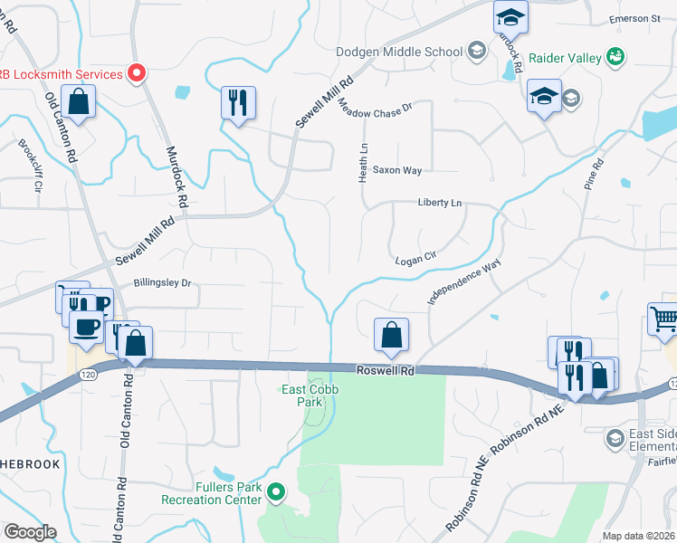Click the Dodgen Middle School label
(x=399, y=52)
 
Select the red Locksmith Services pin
(x=137, y=73)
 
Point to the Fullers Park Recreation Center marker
(x=278, y=493)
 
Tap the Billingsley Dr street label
(x=163, y=282)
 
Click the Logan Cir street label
(x=416, y=259)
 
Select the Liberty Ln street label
(x=440, y=204)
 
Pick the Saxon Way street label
(x=397, y=170)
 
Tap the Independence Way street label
(x=464, y=283)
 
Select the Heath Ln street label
(x=364, y=158)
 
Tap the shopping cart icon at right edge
(x=663, y=319)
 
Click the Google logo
(x=30, y=532)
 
